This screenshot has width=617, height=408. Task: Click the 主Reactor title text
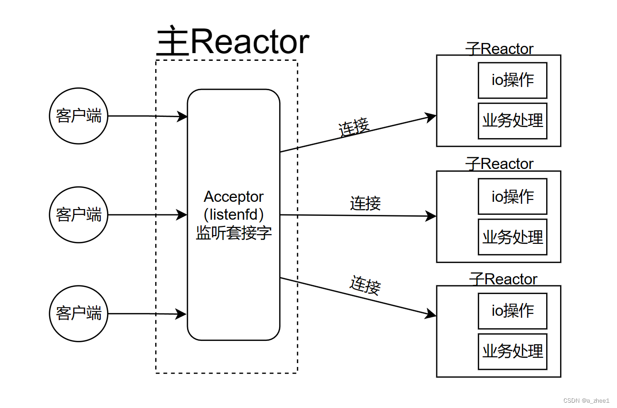[233, 42]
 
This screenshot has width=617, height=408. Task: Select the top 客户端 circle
[79, 116]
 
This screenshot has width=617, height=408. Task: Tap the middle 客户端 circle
[79, 214]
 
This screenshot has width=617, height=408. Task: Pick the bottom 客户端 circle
[79, 313]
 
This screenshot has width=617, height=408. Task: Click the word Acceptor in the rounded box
[234, 197]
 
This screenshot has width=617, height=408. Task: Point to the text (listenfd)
[234, 214]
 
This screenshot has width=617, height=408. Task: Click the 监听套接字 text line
[234, 233]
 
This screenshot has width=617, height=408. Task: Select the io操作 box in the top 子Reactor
[512, 80]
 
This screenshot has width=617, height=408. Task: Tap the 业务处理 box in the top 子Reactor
[512, 121]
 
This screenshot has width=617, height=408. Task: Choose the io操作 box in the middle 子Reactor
[512, 197]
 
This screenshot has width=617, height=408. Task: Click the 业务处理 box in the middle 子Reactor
[512, 237]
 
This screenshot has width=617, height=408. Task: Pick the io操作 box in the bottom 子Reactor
[512, 310]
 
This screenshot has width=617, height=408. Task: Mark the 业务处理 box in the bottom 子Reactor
[512, 351]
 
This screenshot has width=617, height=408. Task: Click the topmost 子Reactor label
[499, 49]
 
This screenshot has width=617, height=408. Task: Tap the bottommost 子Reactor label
[503, 279]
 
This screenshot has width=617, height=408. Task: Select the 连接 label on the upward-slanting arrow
[354, 127]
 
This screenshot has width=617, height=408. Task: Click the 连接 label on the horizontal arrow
[365, 203]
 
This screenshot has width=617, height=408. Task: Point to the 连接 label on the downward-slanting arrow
[365, 285]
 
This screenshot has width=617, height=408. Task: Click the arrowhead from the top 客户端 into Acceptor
[183, 116]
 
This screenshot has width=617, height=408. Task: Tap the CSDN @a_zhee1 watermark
[586, 401]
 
